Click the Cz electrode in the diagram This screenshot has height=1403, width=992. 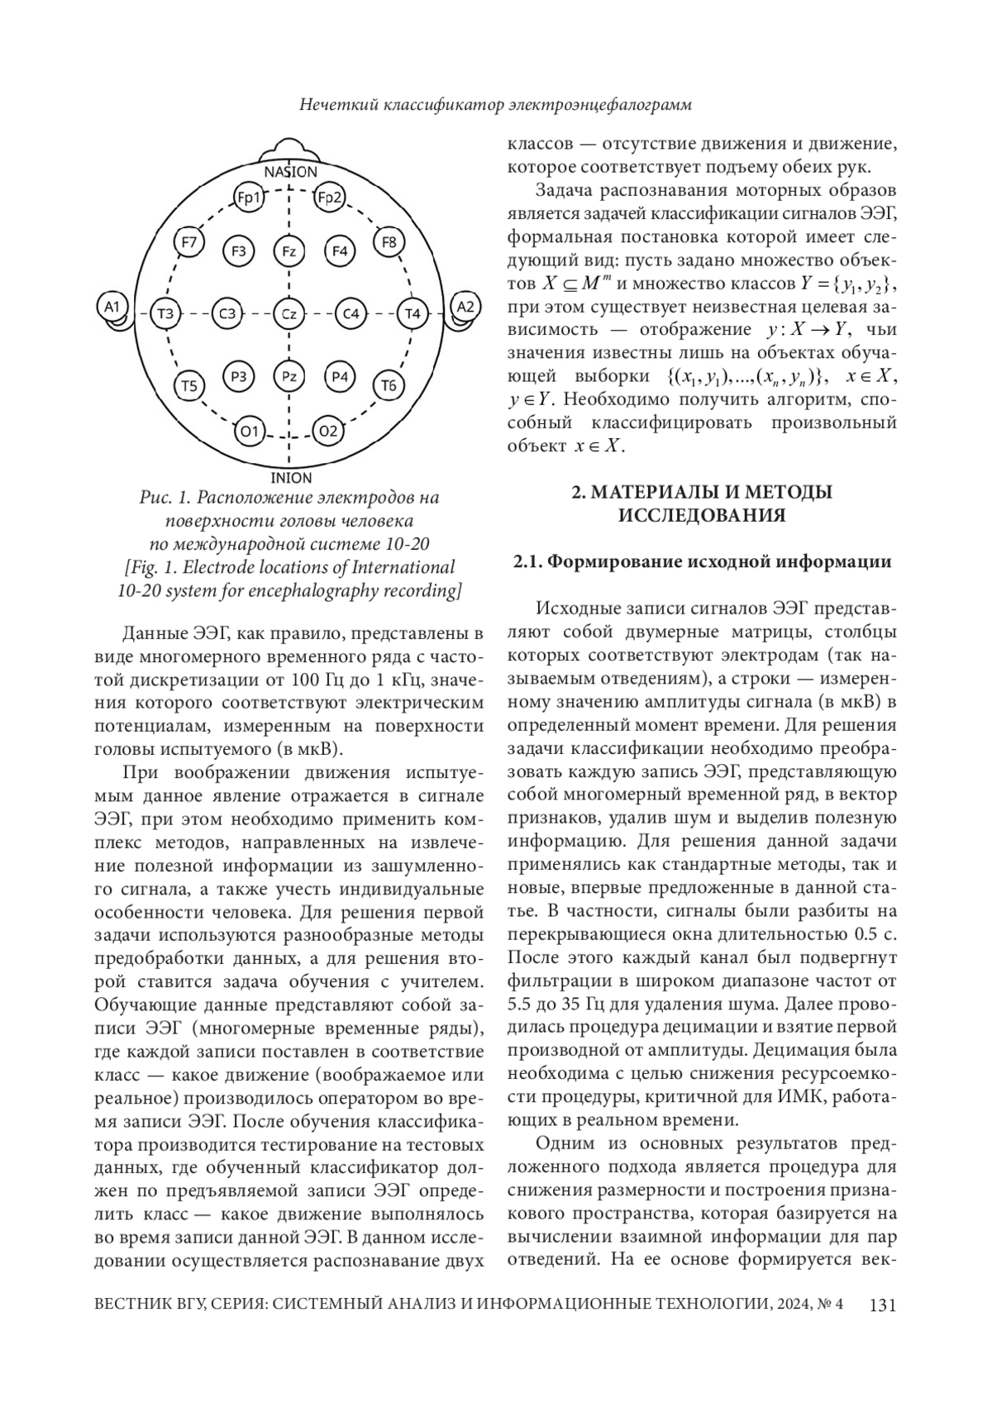tap(289, 314)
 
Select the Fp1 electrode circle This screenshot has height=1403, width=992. tap(249, 198)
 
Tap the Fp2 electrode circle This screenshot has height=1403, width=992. tap(330, 198)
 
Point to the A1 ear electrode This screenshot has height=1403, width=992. tap(112, 308)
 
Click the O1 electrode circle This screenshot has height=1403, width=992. tap(249, 431)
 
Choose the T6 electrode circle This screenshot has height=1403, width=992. tap(389, 385)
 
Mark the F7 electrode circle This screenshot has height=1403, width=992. tap(189, 243)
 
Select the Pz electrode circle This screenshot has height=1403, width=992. tap(289, 377)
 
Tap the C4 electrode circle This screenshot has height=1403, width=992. tap(351, 314)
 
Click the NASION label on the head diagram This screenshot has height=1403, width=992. tap(290, 172)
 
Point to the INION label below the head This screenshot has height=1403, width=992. tap(291, 478)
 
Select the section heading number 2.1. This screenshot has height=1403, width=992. tap(528, 562)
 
